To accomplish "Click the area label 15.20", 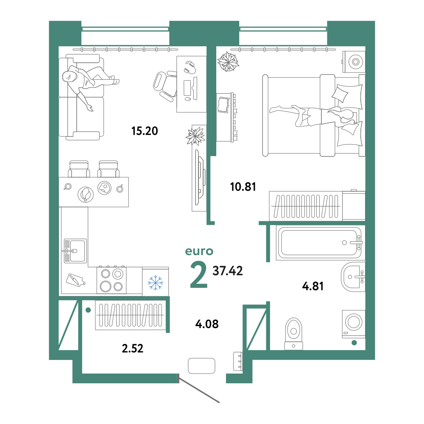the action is pos(145,131).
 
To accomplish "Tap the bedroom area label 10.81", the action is pos(243,187).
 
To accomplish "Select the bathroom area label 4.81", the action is pos(312,286).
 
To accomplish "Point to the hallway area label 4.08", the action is pos(207,324).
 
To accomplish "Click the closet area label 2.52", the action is pos(132,348).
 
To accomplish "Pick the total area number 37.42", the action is pos(228,271).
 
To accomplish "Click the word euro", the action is pos(199,251).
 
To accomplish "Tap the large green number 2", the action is pos(199,276).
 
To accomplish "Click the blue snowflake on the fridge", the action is pos(156,283).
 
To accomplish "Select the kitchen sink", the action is pos(75,251).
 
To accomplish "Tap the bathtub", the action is pos(319,243).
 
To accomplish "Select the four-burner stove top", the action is pos(112,280).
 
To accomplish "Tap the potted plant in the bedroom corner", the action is pos(228,62).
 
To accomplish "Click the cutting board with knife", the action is pos(75,280).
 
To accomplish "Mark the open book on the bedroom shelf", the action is pos(223,105).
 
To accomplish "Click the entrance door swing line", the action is pos(199,388).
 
